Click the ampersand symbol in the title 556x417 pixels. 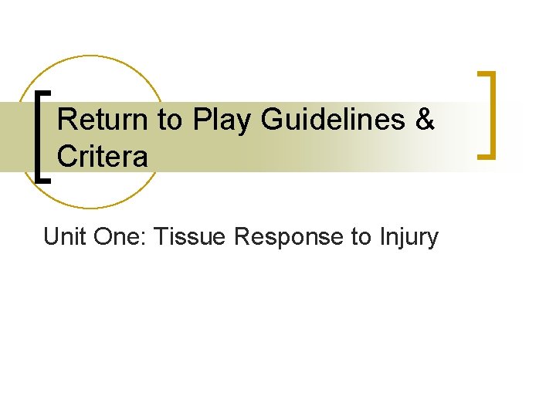click(426, 121)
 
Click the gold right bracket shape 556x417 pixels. click(488, 114)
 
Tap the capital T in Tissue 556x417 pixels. click(160, 236)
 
